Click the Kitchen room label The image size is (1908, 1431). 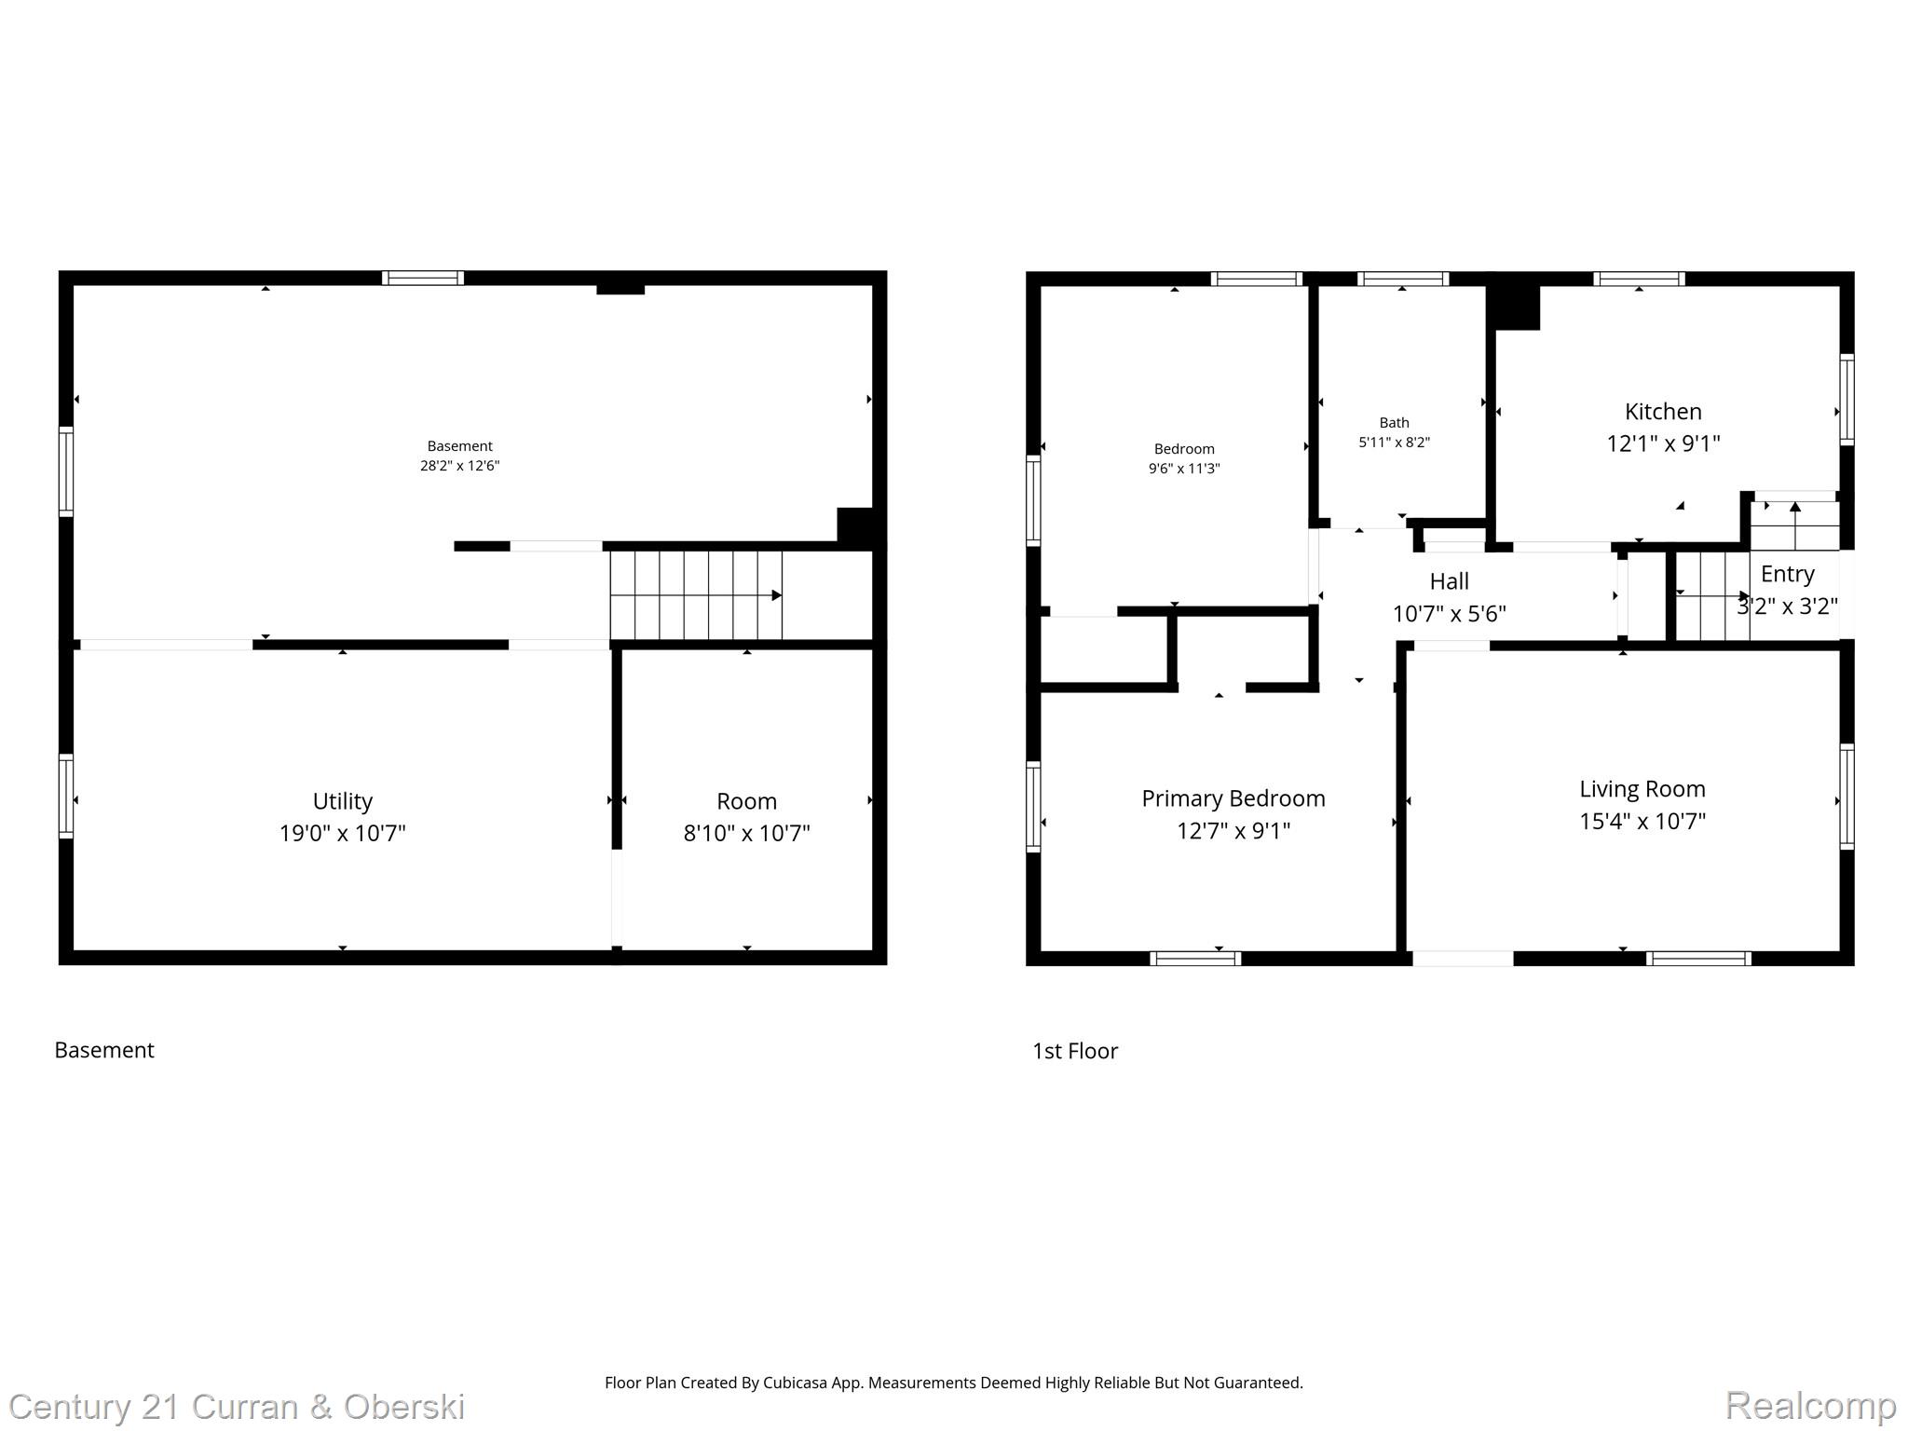coord(1662,412)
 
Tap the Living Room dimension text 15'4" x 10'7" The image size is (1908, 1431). coord(1642,821)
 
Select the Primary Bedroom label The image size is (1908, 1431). coord(1233,798)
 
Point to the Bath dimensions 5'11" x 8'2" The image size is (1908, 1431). coord(1394,443)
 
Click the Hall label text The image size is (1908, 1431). coord(1449,581)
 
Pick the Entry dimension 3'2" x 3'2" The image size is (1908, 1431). coord(1786,606)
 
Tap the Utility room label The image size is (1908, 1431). coord(342,801)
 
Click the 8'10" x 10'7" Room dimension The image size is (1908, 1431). coord(746,833)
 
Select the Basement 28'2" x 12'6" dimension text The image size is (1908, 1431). coord(459,466)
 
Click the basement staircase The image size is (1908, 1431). coord(695,595)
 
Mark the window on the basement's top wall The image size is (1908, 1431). coord(422,278)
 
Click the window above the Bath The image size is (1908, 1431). coord(1402,279)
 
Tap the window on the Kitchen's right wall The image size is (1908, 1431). coord(1846,399)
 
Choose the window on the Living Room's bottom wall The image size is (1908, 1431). coord(1697,958)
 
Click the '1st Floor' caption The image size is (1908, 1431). coord(1074,1051)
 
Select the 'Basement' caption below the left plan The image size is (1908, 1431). coord(104,1050)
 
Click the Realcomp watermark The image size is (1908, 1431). coord(1809,1405)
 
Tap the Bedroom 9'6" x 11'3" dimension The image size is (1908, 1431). coord(1183,469)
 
